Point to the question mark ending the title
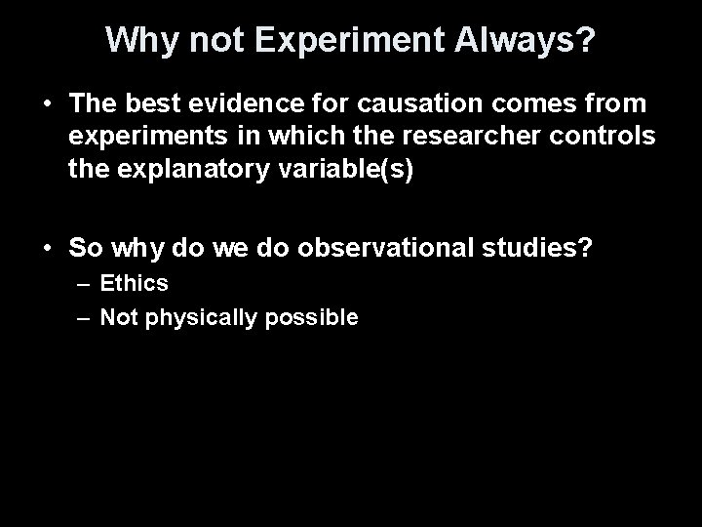tap(585, 39)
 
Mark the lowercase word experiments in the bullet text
tap(145, 138)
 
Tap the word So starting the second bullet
tap(83, 248)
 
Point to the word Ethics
tap(135, 284)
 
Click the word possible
tap(310, 317)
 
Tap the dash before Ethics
tap(81, 284)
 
